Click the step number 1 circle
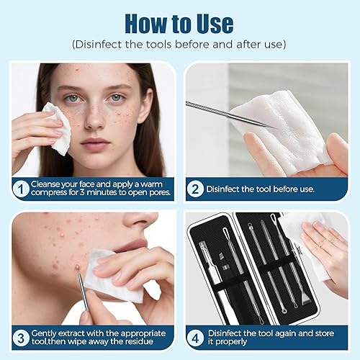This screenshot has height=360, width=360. point(21,189)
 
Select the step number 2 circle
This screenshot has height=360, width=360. point(194,189)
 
